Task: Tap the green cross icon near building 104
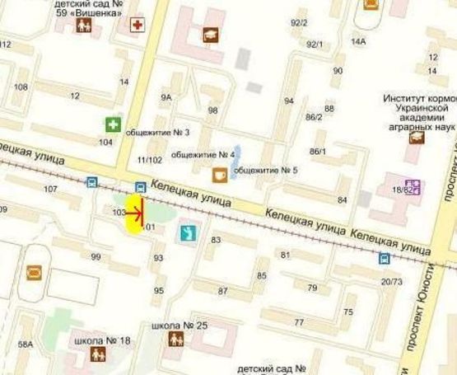(111, 124)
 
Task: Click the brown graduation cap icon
(211, 35)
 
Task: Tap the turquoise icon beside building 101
(189, 233)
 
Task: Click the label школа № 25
(180, 326)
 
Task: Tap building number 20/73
(392, 282)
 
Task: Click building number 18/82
(401, 190)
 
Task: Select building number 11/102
(150, 160)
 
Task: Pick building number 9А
(166, 98)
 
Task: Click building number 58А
(26, 344)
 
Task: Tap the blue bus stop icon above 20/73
(385, 258)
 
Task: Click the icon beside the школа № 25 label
(175, 340)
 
